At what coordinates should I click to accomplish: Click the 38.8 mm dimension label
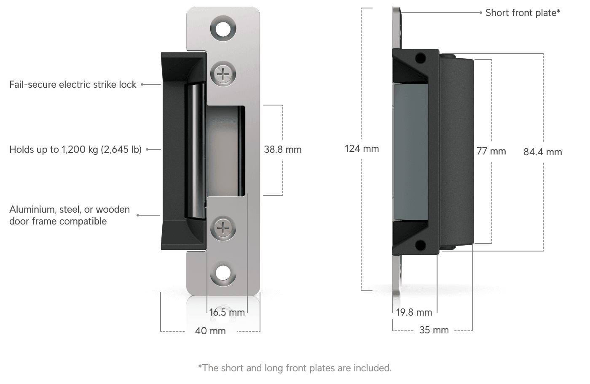coord(282,149)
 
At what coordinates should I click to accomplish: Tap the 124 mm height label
coord(362,149)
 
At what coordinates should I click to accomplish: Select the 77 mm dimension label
coord(491,151)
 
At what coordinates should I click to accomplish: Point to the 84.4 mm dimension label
coord(542,152)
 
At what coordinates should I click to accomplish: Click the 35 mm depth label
coord(434,330)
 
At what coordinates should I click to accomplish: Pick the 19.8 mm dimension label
coord(415,312)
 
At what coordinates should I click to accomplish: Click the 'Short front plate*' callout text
coord(523,13)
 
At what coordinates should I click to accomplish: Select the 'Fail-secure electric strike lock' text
coord(73,84)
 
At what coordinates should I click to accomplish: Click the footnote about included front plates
coord(295,368)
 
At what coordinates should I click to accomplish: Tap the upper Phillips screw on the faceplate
coord(223,75)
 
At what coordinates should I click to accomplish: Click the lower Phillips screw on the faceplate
coord(223,228)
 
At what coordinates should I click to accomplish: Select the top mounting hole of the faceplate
coord(223,28)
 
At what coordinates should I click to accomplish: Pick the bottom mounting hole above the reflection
coord(223,274)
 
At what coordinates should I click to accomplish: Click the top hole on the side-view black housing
coord(420,58)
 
